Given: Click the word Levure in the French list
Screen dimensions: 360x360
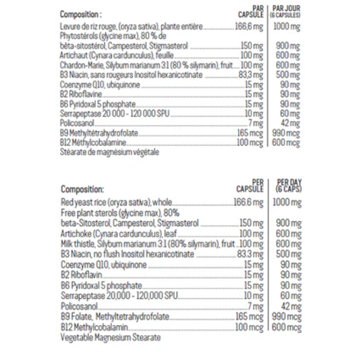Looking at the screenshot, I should pos(70,27).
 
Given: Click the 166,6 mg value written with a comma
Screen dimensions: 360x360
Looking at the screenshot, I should pos(248,27).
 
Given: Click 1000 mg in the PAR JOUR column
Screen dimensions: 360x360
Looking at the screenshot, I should pos(286,27).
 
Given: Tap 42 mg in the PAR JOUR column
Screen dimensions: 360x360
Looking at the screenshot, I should pos(290,124).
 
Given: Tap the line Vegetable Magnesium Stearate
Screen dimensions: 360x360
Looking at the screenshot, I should pos(111,338).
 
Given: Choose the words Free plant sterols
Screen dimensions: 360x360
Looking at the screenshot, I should pos(88,213).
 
